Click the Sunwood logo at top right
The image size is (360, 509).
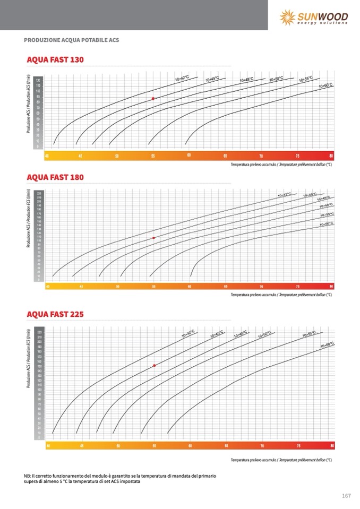pos(314,17)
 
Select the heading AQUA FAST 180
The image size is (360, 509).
pos(55,177)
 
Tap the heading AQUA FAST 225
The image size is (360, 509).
pos(55,314)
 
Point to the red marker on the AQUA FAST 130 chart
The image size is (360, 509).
pos(153,99)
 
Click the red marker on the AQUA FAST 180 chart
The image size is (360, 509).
pos(153,238)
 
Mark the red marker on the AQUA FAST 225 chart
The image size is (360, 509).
pos(154,366)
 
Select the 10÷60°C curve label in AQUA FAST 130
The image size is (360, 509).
pos(325,85)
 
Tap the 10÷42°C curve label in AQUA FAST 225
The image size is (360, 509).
pos(188,334)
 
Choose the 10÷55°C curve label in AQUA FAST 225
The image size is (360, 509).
pos(309,334)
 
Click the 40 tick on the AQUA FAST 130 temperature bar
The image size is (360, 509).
pos(47,156)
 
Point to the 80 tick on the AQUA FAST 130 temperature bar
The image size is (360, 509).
pos(331,156)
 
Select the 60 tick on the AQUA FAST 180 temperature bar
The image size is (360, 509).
pos(190,287)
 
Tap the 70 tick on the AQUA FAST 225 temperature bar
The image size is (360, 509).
pos(262,446)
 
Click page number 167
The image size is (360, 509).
pos(346,496)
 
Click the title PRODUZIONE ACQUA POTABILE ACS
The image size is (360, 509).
pos(72,40)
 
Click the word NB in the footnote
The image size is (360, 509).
pos(28,476)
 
